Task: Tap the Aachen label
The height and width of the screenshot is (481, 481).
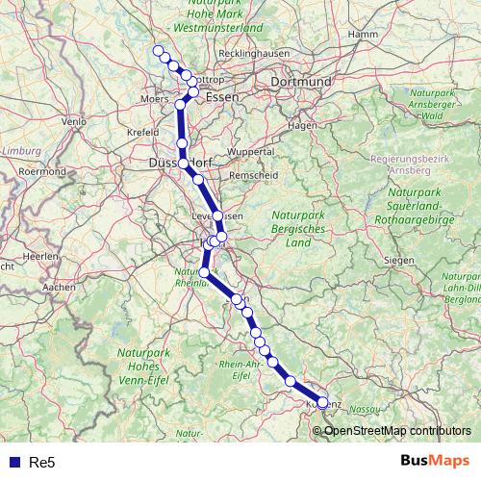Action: click(59, 287)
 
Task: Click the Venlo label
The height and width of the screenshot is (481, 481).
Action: click(74, 122)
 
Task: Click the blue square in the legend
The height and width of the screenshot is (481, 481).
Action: click(13, 462)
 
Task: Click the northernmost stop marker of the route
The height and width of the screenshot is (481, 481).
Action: click(159, 51)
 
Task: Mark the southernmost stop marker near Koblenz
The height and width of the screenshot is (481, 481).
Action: click(322, 403)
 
